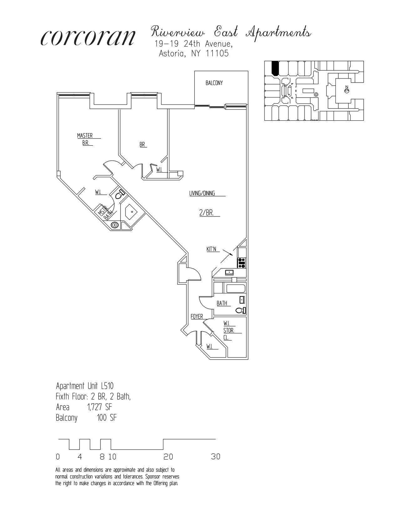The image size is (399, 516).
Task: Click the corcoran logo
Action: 88,38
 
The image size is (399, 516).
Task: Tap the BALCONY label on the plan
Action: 214,83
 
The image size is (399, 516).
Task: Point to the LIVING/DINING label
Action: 202,193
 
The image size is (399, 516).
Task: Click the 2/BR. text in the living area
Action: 207,213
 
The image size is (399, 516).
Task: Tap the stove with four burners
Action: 242,263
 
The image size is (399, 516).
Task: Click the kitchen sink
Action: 230,272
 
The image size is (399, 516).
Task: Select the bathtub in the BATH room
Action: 236,288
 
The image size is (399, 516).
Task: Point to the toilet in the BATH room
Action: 241,310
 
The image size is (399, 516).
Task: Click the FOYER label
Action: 197,316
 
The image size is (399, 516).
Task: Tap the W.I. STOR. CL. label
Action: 229,330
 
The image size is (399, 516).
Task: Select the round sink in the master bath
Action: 115,225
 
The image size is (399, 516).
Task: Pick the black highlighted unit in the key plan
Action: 275,68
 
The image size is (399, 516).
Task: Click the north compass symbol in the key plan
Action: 346,91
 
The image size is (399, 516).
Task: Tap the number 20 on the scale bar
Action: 168,457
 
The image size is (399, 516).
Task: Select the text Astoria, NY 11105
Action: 194,53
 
